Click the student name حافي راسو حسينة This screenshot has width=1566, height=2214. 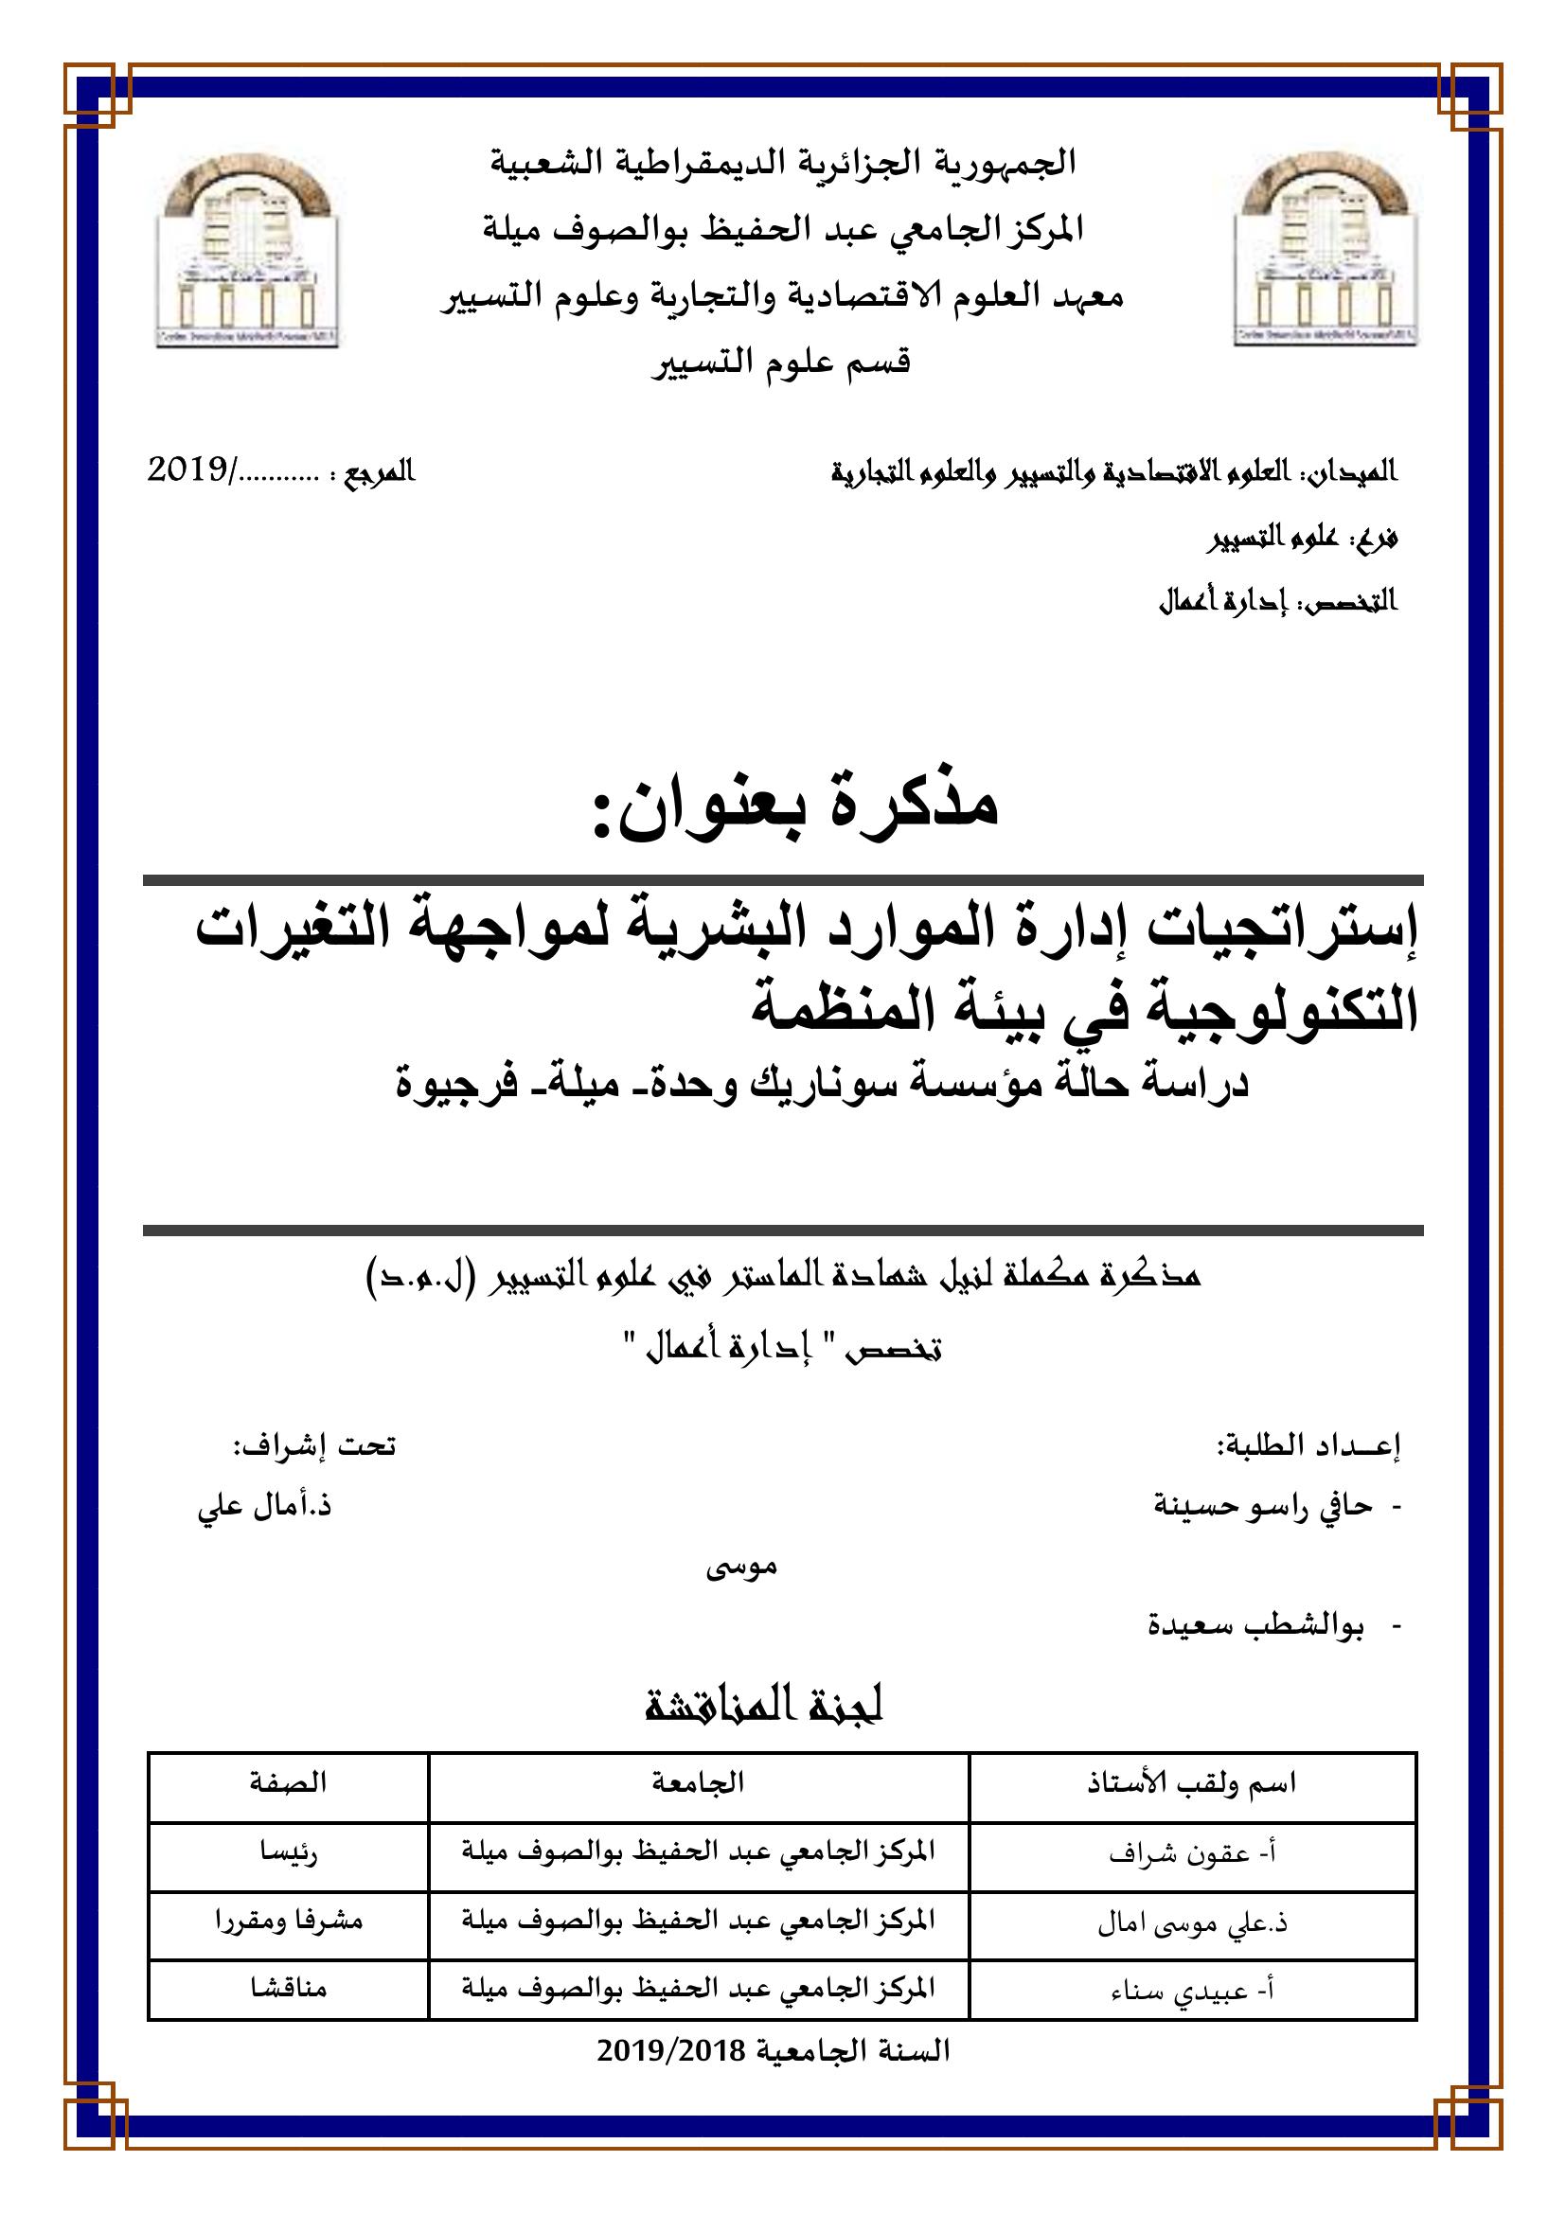click(1263, 1506)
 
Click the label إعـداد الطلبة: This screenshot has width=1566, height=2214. click(1308, 1446)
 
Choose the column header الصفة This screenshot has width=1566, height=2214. click(288, 1783)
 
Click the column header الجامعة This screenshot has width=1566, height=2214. click(698, 1783)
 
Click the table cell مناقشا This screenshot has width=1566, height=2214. click(288, 1988)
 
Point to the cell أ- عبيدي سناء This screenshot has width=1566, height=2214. click(1192, 1990)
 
